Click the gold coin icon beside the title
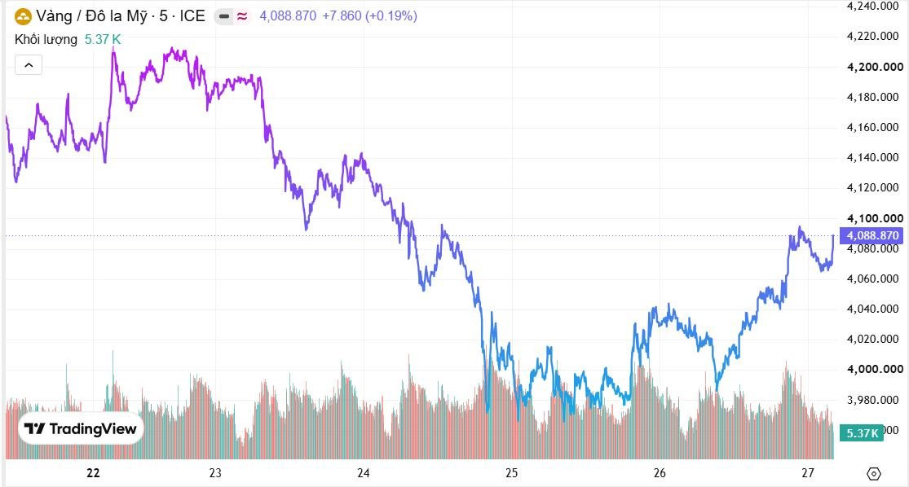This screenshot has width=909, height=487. tap(23, 16)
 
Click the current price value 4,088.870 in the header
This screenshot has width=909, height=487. tap(288, 16)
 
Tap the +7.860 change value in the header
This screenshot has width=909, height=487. tap(342, 16)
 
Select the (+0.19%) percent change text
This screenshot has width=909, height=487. tap(391, 16)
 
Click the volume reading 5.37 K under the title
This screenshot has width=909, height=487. tap(103, 39)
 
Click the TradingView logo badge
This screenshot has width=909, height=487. tap(81, 428)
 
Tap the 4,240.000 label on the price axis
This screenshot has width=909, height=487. tap(873, 6)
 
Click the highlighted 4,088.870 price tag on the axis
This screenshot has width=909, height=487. tap(871, 235)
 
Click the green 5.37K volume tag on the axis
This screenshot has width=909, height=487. tap(862, 433)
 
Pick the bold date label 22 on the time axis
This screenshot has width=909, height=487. tap(93, 473)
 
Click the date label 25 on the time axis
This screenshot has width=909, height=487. tap(511, 473)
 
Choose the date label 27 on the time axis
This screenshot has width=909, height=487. tap(808, 473)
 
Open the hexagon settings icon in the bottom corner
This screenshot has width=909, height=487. tap(874, 474)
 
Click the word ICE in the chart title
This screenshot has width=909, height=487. tap(192, 16)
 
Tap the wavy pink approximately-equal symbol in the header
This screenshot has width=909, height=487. tap(242, 16)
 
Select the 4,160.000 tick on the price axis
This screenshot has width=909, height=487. tap(873, 127)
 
